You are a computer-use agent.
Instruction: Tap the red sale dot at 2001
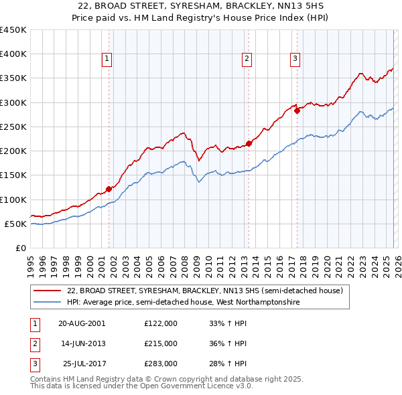(x=109, y=189)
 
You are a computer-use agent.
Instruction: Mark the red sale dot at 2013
(x=249, y=143)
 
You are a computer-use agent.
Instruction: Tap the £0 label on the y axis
(x=21, y=248)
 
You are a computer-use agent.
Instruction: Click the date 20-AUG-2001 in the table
(x=82, y=323)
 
